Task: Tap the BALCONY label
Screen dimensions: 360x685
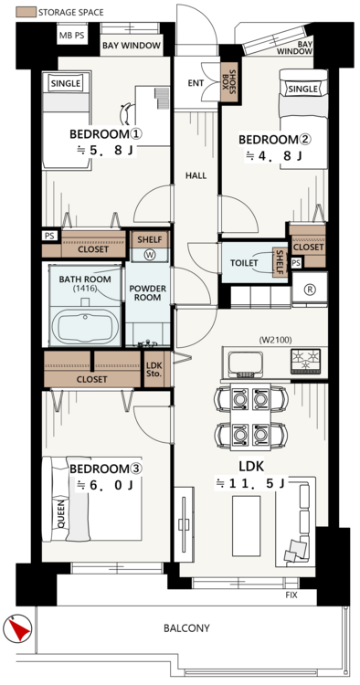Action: point(186,628)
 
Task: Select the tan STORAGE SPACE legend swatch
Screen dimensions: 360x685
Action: point(26,12)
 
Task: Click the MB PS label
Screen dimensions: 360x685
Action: point(72,36)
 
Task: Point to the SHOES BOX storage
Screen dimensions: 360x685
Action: point(229,82)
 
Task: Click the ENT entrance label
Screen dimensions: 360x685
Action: point(196,83)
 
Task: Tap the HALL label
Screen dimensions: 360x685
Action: point(196,176)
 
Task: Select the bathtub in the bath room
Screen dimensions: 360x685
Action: point(84,326)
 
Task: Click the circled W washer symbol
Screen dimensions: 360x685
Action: point(150,256)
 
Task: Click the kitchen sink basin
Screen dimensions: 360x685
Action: point(246,364)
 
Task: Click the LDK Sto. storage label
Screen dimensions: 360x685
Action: point(154,369)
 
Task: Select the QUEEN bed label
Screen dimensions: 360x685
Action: point(60,513)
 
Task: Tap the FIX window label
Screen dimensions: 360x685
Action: point(291,595)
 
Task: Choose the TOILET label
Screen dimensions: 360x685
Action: point(244,263)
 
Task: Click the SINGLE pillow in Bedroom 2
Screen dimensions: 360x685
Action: point(303,90)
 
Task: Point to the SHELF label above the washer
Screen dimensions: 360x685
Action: point(150,239)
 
